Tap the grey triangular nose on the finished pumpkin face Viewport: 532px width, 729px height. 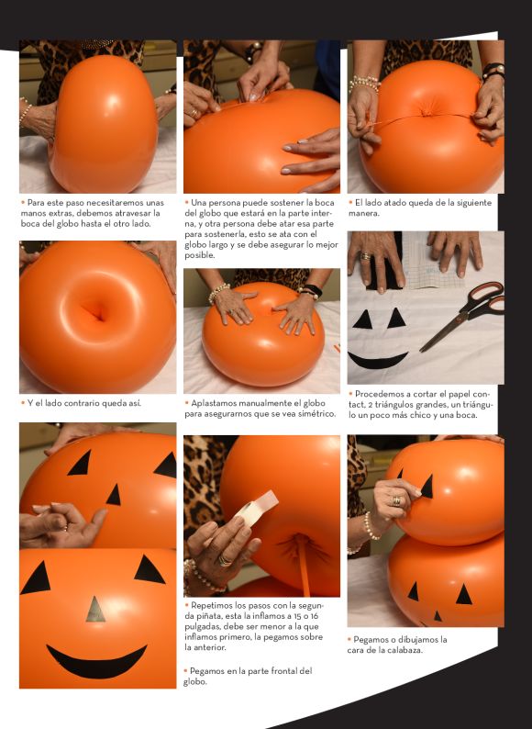95,610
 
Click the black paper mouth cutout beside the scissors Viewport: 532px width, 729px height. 378,360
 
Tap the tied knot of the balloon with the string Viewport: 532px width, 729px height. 427,114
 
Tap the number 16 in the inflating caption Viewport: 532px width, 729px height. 315,616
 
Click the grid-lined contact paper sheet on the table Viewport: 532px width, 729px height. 430,260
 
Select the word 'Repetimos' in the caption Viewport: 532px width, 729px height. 213,605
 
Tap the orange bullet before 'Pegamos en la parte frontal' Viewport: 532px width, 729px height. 186,670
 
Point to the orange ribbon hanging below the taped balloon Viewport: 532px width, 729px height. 305,566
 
